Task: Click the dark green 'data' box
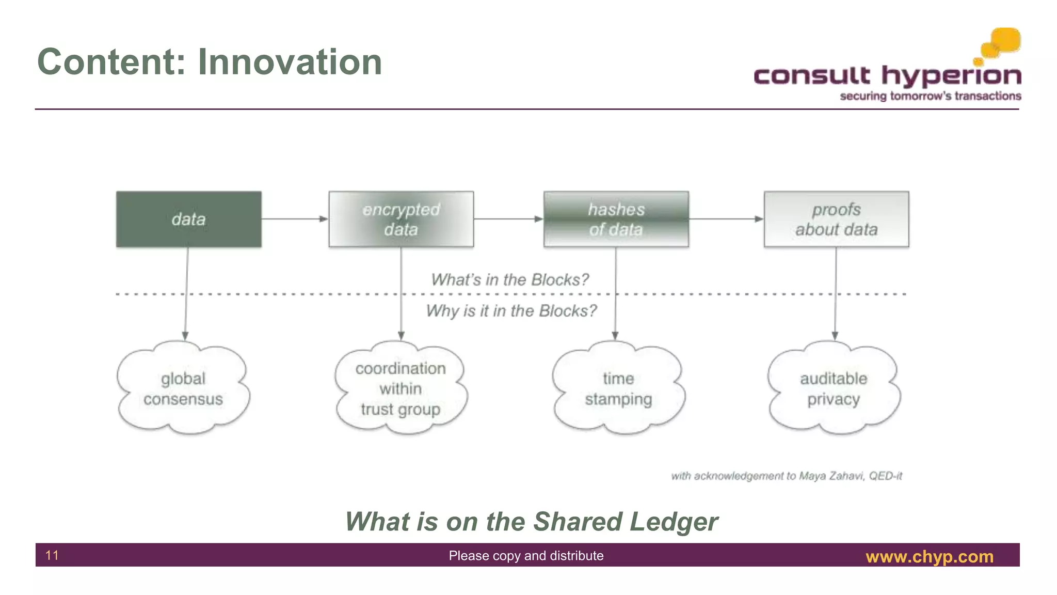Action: [x=188, y=219]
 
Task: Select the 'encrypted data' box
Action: [x=401, y=219]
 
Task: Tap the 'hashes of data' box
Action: [x=616, y=219]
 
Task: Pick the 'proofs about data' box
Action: [x=836, y=219]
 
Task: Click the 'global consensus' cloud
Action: [x=183, y=388]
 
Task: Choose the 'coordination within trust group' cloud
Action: [x=401, y=388]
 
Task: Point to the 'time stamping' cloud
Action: [x=618, y=388]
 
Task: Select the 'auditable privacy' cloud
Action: [x=834, y=388]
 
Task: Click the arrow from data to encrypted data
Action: [x=295, y=219]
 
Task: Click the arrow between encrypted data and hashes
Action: [x=508, y=219]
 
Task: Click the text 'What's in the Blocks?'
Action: [x=509, y=279]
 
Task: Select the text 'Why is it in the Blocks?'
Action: [x=511, y=311]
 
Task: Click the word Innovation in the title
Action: [x=290, y=62]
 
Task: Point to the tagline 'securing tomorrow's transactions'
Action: [x=930, y=96]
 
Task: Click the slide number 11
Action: [x=52, y=555]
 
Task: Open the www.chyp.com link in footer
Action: [x=929, y=556]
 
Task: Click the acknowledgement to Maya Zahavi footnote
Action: [x=786, y=476]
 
